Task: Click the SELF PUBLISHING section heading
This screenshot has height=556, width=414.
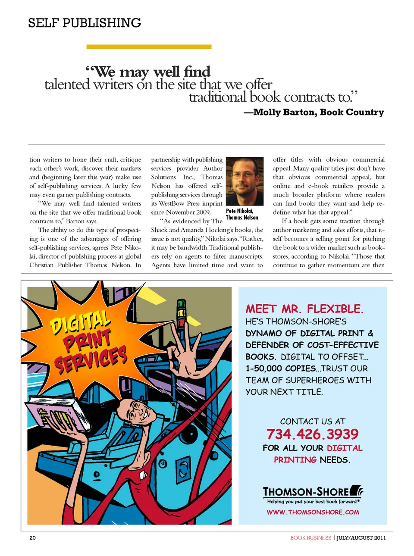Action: [x=85, y=23]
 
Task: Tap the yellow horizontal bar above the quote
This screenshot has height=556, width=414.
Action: [x=149, y=47]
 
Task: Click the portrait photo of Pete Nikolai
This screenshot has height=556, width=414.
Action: [x=245, y=181]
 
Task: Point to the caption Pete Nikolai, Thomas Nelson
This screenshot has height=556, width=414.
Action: [x=241, y=214]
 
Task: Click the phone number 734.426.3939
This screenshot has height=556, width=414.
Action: [x=312, y=434]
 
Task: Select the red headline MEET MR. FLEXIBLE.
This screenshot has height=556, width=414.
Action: [x=304, y=309]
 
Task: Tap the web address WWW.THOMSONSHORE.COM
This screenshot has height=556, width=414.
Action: [x=313, y=512]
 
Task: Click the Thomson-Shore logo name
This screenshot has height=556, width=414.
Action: [x=306, y=492]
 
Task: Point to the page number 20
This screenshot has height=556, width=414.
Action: [x=33, y=537]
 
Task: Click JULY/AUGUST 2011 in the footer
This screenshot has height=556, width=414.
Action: [x=361, y=537]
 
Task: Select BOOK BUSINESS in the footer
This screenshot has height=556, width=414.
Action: [x=310, y=537]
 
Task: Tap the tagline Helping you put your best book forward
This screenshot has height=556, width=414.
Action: [x=313, y=502]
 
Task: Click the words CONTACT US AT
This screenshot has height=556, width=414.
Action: [x=313, y=421]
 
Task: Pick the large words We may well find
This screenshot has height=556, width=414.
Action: [x=148, y=72]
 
